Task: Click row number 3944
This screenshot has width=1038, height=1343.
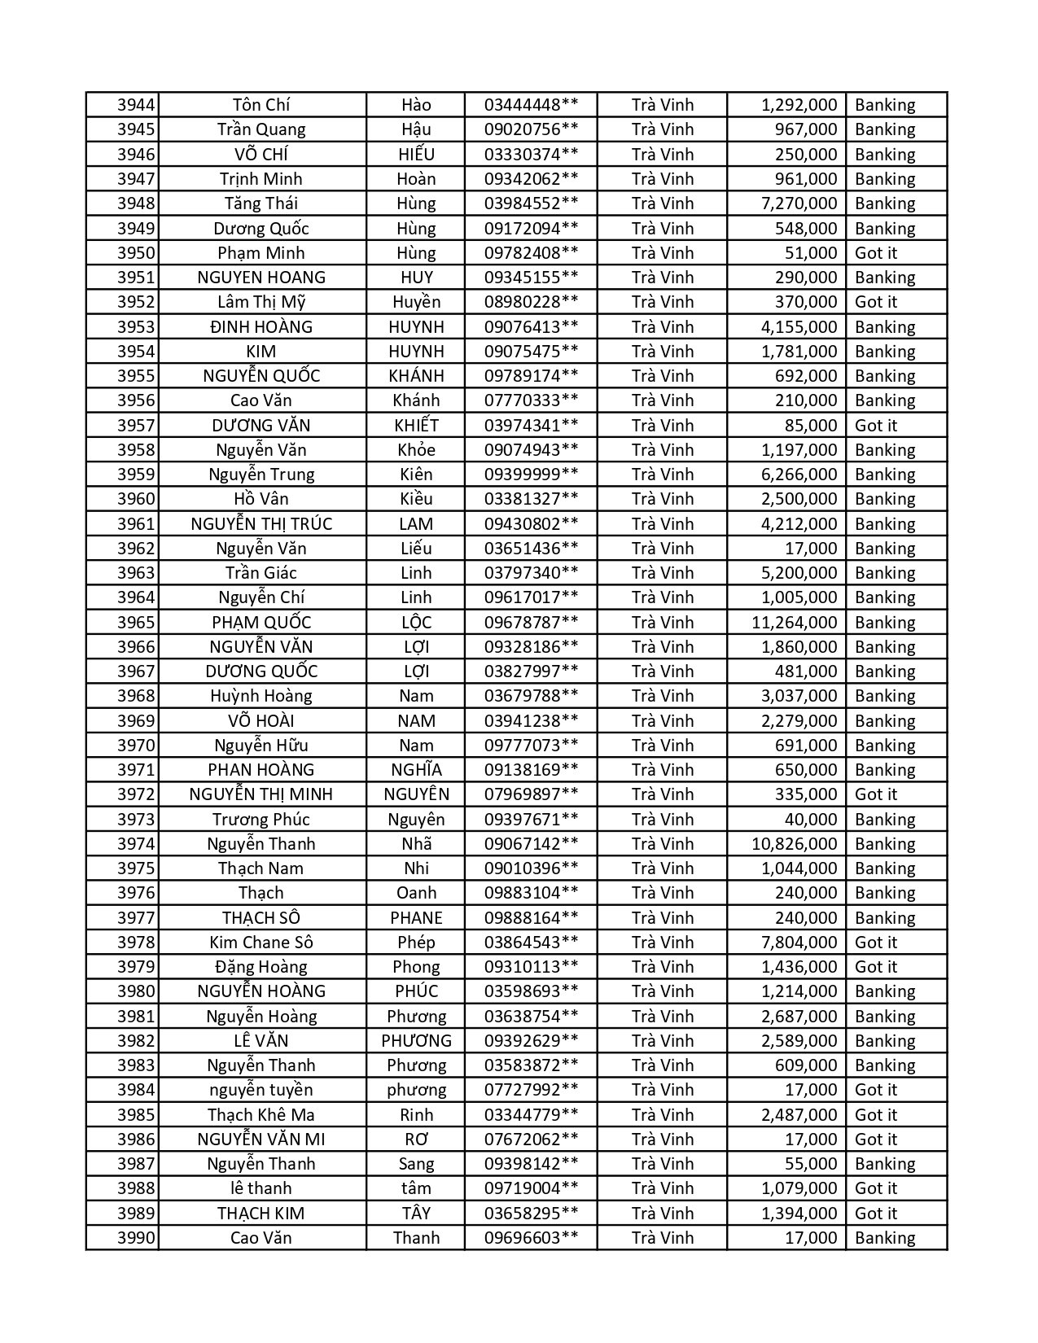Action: [x=135, y=105]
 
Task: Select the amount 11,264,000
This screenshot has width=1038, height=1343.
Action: [x=794, y=623]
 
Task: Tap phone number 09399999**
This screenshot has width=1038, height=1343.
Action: [x=531, y=475]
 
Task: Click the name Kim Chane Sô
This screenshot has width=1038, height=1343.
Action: [x=261, y=943]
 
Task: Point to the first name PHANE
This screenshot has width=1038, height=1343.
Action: [x=416, y=918]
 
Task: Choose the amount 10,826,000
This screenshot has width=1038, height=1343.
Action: [x=794, y=844]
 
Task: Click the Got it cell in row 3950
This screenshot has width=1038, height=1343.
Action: [x=875, y=253]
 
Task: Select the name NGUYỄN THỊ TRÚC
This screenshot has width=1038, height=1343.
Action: [x=261, y=524]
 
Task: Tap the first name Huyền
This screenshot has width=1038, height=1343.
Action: [x=416, y=302]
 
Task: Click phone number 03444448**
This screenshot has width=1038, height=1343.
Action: [x=531, y=105]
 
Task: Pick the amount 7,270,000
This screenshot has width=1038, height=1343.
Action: [x=799, y=203]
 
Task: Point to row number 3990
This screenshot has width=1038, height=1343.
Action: [x=135, y=1238]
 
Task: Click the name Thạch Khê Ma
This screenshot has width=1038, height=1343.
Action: [x=261, y=1115]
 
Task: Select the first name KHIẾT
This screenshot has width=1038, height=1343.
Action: [x=416, y=426]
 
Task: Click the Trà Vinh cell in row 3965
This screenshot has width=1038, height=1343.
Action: [x=662, y=623]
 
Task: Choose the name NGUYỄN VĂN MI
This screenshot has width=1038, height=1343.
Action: [x=261, y=1140]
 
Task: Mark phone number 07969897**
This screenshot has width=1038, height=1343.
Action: [x=531, y=794]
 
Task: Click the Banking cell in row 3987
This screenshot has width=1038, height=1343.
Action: [x=885, y=1164]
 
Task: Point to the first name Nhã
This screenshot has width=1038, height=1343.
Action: [x=416, y=844]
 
